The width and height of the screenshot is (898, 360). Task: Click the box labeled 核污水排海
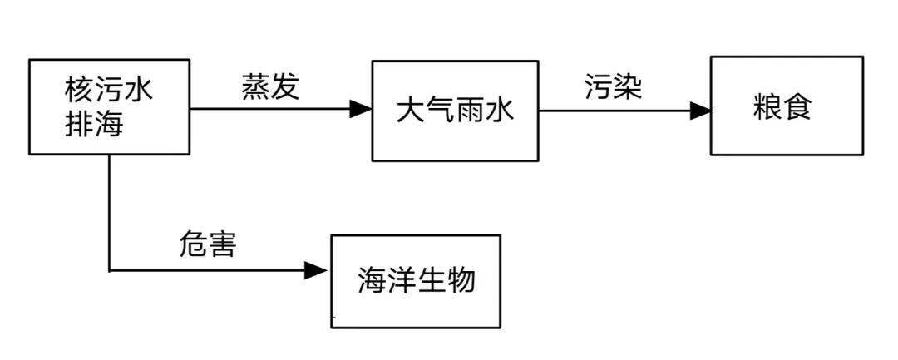pyautogui.click(x=110, y=106)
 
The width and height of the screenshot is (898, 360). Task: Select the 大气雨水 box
pyautogui.click(x=455, y=111)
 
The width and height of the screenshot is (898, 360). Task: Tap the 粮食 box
pyautogui.click(x=786, y=106)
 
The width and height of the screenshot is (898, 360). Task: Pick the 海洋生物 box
pyautogui.click(x=416, y=281)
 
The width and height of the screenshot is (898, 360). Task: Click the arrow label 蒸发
pyautogui.click(x=269, y=87)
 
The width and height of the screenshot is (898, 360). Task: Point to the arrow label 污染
pyautogui.click(x=614, y=87)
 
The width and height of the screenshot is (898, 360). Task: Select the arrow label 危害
pyautogui.click(x=208, y=244)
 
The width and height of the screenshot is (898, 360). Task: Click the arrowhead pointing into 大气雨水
pyautogui.click(x=360, y=108)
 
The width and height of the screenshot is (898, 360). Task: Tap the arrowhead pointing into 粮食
pyautogui.click(x=700, y=110)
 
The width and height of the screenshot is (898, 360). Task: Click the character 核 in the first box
pyautogui.click(x=81, y=90)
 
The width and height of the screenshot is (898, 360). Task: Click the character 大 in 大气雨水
pyautogui.click(x=411, y=111)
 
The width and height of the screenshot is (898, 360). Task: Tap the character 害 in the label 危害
pyautogui.click(x=222, y=244)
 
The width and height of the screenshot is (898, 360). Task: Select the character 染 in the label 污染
pyautogui.click(x=629, y=87)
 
